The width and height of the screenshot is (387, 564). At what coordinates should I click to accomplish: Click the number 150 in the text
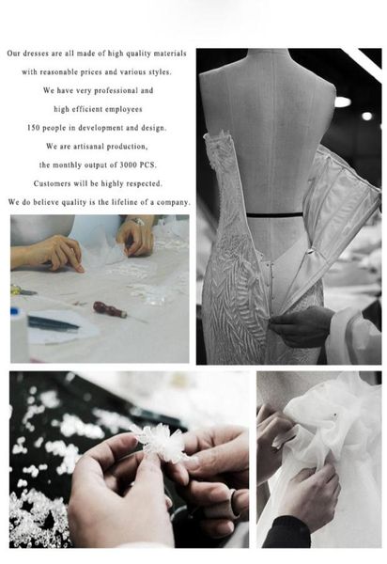(x=34, y=128)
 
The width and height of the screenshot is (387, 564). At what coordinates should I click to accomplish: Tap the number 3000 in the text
(x=128, y=165)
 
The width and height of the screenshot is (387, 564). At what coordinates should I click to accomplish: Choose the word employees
(x=124, y=109)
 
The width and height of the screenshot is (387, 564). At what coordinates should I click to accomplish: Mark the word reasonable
(x=58, y=72)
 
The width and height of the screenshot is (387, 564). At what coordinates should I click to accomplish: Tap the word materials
(x=170, y=54)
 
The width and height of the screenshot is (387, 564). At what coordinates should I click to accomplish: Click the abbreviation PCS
(x=147, y=165)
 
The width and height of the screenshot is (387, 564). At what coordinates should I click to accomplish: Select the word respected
(x=146, y=184)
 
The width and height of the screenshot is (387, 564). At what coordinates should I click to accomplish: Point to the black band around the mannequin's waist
(x=274, y=215)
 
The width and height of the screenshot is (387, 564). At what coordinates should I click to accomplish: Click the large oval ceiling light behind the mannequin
(x=343, y=102)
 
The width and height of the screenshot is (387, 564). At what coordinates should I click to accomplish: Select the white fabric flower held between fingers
(x=161, y=443)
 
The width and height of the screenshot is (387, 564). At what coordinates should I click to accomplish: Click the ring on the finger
(x=235, y=501)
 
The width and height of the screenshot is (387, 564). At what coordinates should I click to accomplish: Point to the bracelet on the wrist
(x=138, y=221)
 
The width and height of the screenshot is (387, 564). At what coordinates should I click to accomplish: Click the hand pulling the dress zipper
(x=300, y=326)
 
